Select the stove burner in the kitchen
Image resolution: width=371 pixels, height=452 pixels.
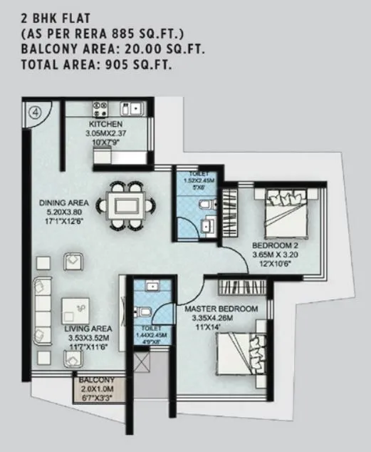[98, 111]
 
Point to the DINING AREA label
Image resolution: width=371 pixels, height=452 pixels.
[63, 202]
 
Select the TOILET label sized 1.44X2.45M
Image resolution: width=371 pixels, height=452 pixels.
[148, 328]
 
